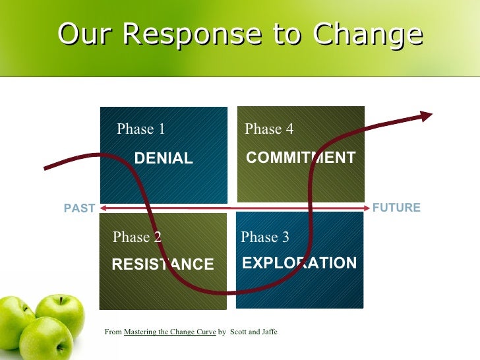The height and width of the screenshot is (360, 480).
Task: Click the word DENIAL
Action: point(164,158)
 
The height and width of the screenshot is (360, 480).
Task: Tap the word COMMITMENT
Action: point(300,158)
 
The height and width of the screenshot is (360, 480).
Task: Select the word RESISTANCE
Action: point(163,264)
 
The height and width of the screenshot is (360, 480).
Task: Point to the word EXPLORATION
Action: point(299,264)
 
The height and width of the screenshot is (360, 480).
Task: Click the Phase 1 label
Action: point(140,129)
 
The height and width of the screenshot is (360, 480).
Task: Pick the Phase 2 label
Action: point(137,237)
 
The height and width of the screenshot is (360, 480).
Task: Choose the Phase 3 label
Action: point(265,237)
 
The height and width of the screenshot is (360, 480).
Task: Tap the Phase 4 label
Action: point(269,129)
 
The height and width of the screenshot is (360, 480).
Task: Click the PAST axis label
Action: point(79,208)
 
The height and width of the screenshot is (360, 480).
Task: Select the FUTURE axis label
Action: point(396,208)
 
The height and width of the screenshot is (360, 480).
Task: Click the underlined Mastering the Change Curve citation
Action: point(169,332)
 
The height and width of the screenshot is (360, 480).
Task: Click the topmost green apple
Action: point(61,313)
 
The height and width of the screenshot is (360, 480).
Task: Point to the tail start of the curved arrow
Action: point(45,169)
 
